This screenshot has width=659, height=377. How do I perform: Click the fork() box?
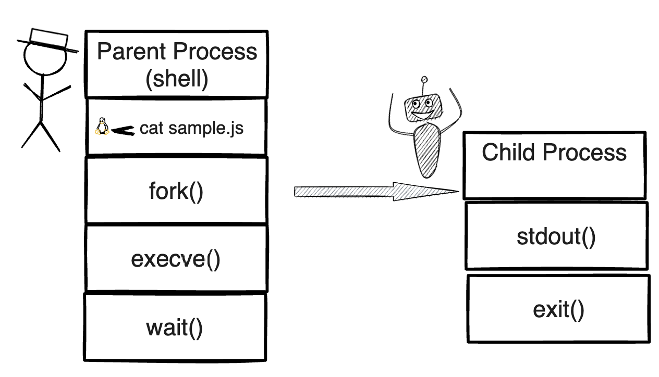point(176,191)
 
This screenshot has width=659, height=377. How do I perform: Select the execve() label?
point(176,259)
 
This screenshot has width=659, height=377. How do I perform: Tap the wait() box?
point(174,328)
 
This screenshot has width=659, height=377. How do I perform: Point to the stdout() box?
point(556,236)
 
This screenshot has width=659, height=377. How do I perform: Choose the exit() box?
point(558,309)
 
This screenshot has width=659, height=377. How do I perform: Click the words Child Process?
point(554,152)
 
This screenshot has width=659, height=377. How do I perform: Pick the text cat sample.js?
point(191,128)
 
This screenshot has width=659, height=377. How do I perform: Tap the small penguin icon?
point(102,127)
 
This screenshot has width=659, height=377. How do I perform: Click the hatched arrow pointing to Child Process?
point(375,191)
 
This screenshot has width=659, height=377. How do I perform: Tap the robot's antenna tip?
point(424,80)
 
